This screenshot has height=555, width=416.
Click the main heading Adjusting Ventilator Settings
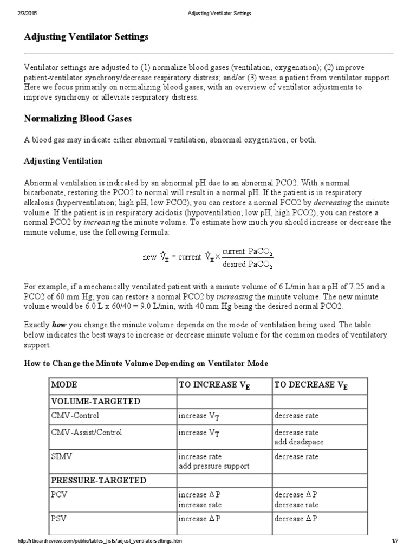pyautogui.click(x=86, y=37)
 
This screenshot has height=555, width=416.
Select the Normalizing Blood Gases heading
pyautogui.click(x=78, y=118)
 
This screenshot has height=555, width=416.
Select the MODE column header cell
pyautogui.click(x=64, y=385)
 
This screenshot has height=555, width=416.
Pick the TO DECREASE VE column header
pyautogui.click(x=311, y=385)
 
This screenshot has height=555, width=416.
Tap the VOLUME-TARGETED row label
pyautogui.click(x=95, y=401)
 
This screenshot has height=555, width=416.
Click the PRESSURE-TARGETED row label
pyautogui.click(x=99, y=480)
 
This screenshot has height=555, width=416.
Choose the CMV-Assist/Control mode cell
pyautogui.click(x=87, y=433)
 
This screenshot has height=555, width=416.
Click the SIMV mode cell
pyautogui.click(x=61, y=456)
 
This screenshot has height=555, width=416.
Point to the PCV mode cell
pyautogui.click(x=59, y=494)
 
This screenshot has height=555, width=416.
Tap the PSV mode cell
pyautogui.click(x=59, y=518)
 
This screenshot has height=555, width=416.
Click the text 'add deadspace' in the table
pyautogui.click(x=297, y=442)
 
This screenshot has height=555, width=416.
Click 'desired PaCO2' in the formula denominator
pyautogui.click(x=248, y=264)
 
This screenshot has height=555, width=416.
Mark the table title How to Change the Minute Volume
pyautogui.click(x=146, y=363)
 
